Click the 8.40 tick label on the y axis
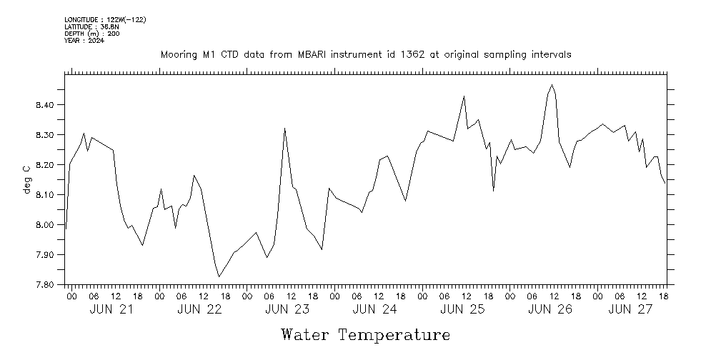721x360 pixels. (x=44, y=105)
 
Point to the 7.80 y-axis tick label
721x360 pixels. (x=44, y=285)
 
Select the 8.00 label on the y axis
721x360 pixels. (x=44, y=225)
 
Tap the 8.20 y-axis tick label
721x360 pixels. (x=44, y=165)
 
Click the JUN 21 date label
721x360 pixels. (x=111, y=309)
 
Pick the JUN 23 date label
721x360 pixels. (x=287, y=309)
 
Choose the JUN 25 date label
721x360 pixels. (x=462, y=309)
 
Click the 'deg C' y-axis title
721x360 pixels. (x=27, y=179)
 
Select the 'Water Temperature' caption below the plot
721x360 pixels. (x=365, y=335)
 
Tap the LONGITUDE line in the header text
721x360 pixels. (x=105, y=19)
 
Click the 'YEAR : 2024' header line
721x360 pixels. (x=84, y=41)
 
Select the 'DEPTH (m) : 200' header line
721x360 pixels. (x=91, y=34)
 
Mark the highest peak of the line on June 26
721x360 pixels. (x=552, y=85)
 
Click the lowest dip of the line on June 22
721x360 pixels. (x=219, y=276)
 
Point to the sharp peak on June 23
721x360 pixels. (x=285, y=129)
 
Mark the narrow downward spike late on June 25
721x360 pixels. (x=493, y=190)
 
